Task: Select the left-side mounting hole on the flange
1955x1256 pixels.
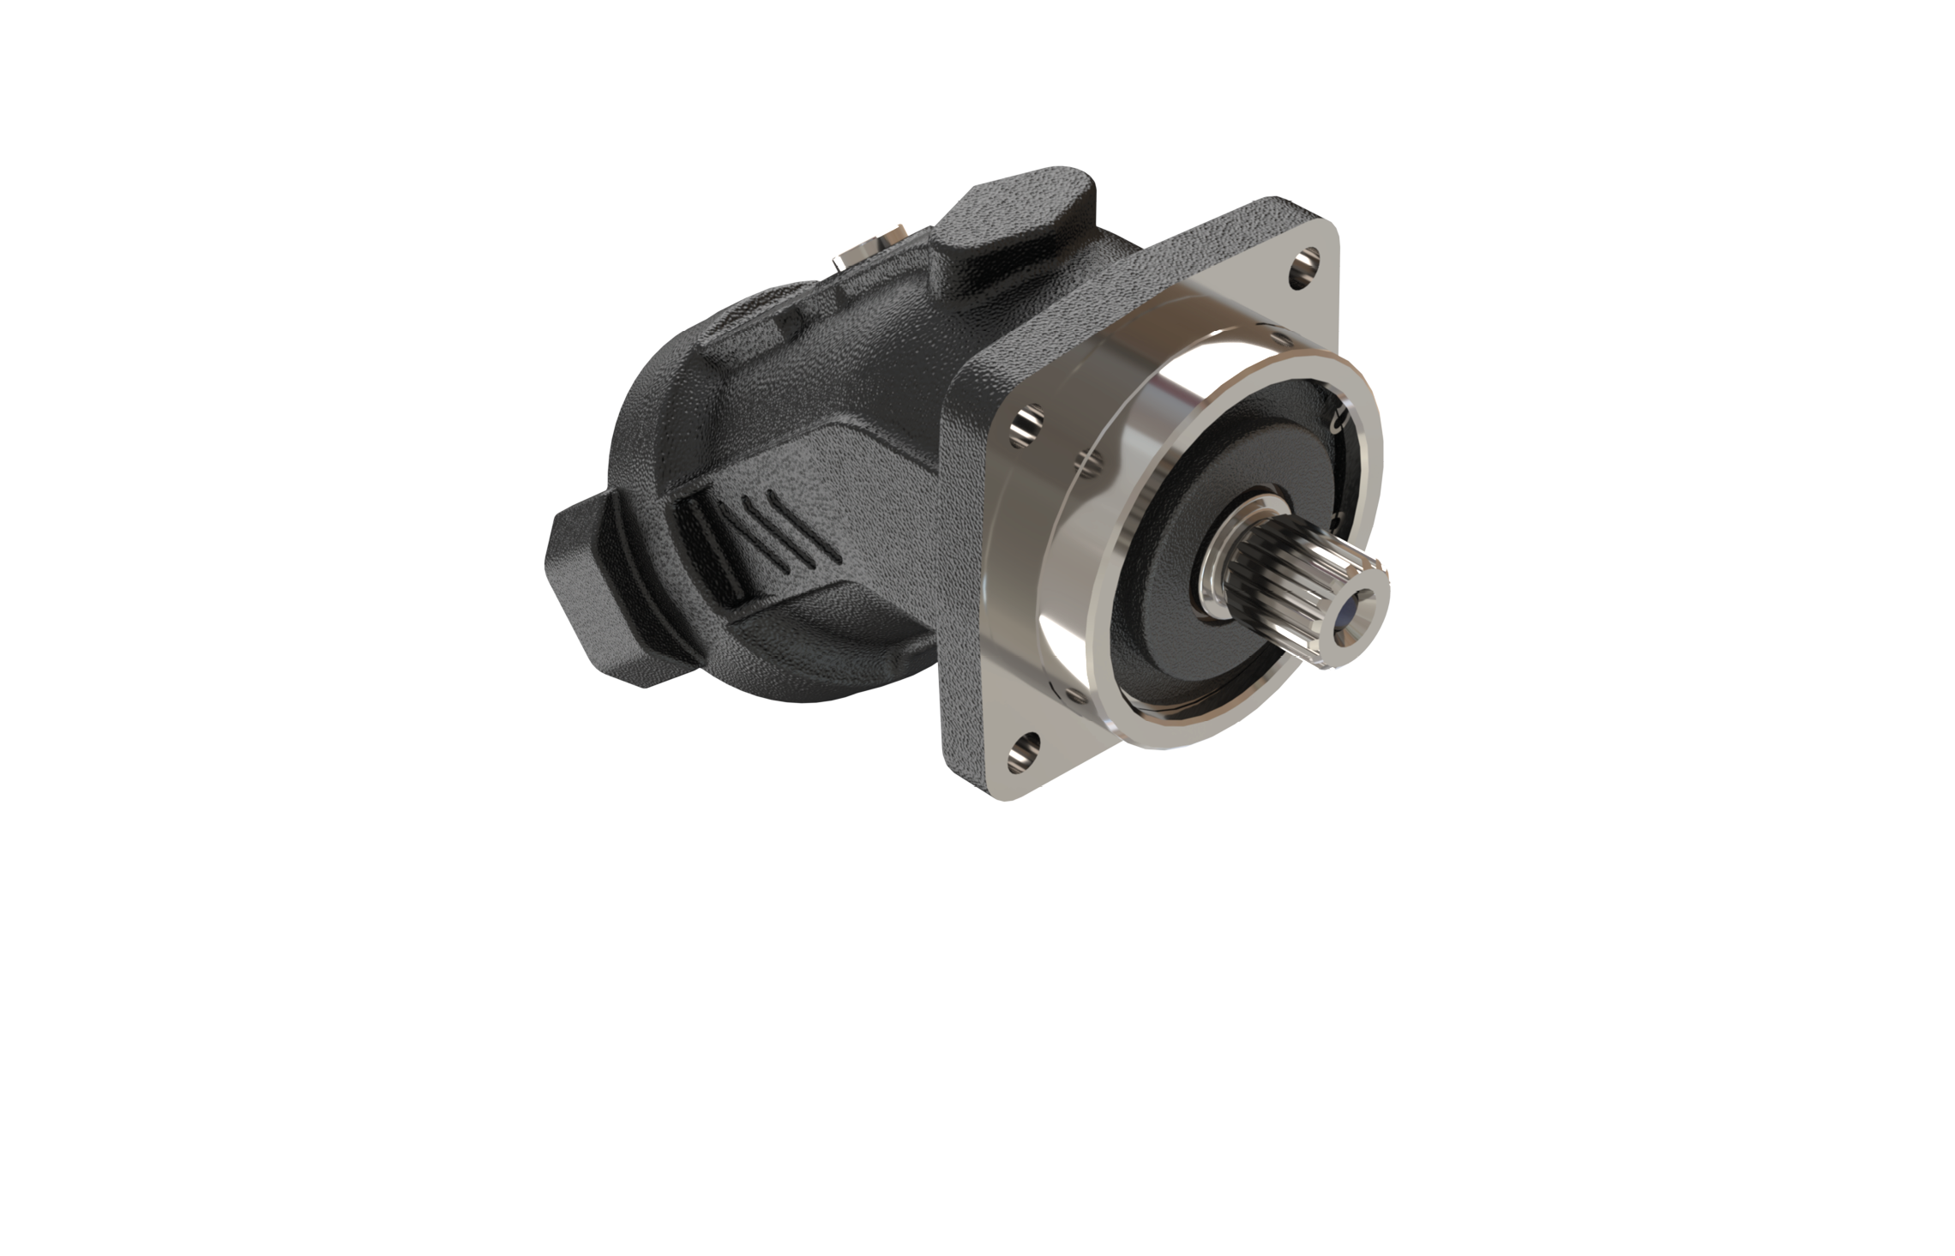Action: pyautogui.click(x=1026, y=426)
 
